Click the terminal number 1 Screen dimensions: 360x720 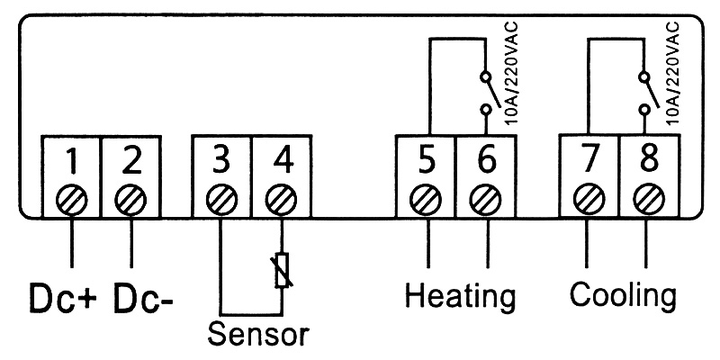tap(71, 161)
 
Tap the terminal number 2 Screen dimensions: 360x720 tap(131, 161)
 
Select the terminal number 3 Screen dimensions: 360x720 tap(221, 161)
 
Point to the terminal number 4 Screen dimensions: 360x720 tap(283, 161)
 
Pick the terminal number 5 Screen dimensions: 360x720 tap(427, 161)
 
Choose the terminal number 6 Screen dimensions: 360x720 tap(486, 161)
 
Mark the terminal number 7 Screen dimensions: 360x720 tap(589, 161)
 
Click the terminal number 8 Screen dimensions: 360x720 tap(648, 161)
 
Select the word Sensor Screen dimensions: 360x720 tap(258, 334)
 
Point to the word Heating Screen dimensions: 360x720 tap(460, 294)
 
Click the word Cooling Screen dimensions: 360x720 tap(624, 294)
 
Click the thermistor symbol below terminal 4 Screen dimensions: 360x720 tap(283, 269)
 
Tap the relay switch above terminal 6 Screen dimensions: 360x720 tap(486, 92)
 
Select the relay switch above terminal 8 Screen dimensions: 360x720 tap(647, 92)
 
